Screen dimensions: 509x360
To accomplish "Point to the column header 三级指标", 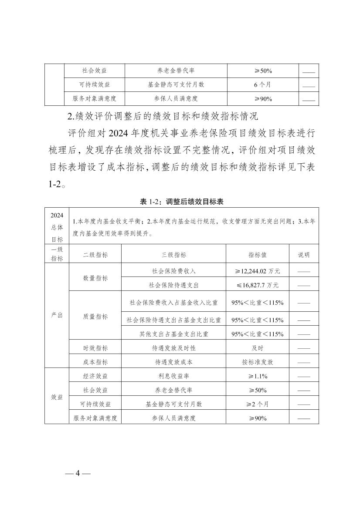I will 173,255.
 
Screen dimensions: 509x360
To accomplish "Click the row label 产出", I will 57,315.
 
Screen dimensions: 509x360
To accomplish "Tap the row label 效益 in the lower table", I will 57,397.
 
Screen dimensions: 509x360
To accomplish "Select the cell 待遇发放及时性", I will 173,348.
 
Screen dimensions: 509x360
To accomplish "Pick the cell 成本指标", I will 95,362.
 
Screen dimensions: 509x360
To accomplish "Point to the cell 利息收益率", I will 173,376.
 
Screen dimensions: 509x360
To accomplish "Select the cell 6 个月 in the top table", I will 262,85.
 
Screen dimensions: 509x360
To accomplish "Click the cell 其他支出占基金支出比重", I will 173,334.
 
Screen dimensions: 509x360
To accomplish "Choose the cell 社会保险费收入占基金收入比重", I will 173,302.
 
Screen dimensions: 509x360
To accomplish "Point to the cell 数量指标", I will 95,278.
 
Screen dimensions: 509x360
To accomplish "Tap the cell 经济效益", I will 95,376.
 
